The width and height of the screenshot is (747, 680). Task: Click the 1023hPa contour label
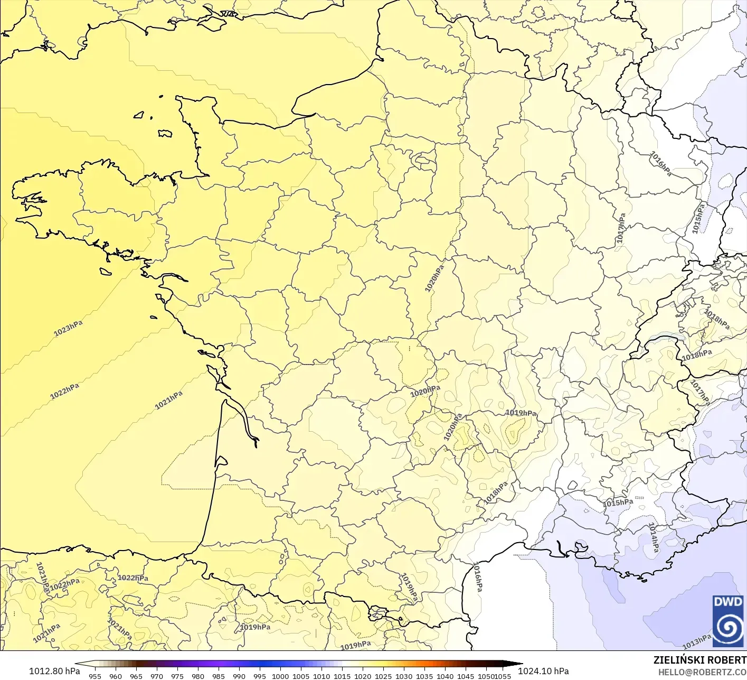point(69,328)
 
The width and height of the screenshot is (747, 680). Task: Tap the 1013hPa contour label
point(697,642)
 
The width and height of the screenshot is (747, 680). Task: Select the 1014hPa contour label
point(654,537)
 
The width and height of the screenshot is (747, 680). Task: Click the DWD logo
point(728,620)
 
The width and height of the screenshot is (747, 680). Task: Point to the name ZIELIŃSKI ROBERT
point(699,660)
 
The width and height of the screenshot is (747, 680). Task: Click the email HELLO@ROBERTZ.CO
point(702,672)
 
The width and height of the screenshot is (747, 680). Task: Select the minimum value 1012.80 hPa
point(54,671)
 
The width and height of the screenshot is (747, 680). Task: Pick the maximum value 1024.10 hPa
point(543,671)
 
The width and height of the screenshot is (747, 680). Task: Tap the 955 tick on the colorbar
point(95,676)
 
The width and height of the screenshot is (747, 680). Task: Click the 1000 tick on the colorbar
point(280,676)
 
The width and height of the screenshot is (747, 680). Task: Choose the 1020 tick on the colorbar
point(363,676)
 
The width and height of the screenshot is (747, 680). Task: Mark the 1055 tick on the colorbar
point(503,676)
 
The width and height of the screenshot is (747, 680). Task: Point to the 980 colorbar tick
point(198,676)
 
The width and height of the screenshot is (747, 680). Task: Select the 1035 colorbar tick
point(424,676)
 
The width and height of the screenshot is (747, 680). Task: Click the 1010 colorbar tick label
point(322,676)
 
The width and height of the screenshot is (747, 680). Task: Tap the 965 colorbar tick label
point(136,676)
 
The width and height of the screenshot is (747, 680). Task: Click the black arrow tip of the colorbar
point(518,664)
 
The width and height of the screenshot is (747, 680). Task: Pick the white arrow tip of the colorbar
point(78,664)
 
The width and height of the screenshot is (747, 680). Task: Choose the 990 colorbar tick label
point(239,676)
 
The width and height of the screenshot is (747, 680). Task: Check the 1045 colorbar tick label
point(466,676)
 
